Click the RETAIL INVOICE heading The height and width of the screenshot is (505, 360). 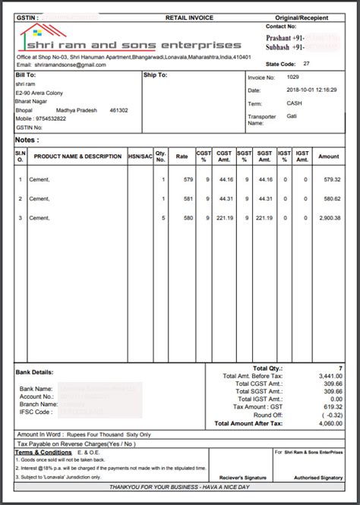(x=188, y=16)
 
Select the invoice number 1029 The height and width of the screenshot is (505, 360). (x=293, y=77)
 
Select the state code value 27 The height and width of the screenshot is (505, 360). (x=306, y=65)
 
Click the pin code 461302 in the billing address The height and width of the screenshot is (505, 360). (x=118, y=110)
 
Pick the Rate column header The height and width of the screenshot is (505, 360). (x=182, y=156)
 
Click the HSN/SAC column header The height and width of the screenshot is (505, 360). (x=140, y=156)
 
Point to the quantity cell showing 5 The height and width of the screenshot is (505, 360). (x=163, y=218)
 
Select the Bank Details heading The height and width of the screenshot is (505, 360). (x=34, y=372)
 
